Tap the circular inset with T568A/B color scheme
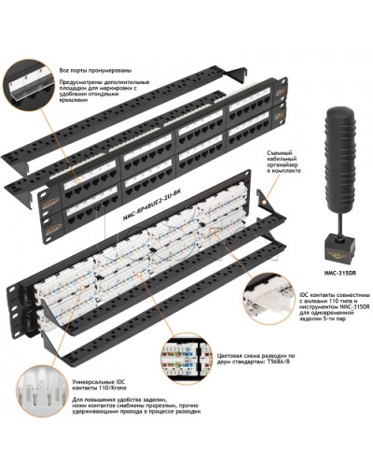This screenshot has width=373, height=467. (x=188, y=361)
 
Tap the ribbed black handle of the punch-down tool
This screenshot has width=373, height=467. (x=341, y=159)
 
